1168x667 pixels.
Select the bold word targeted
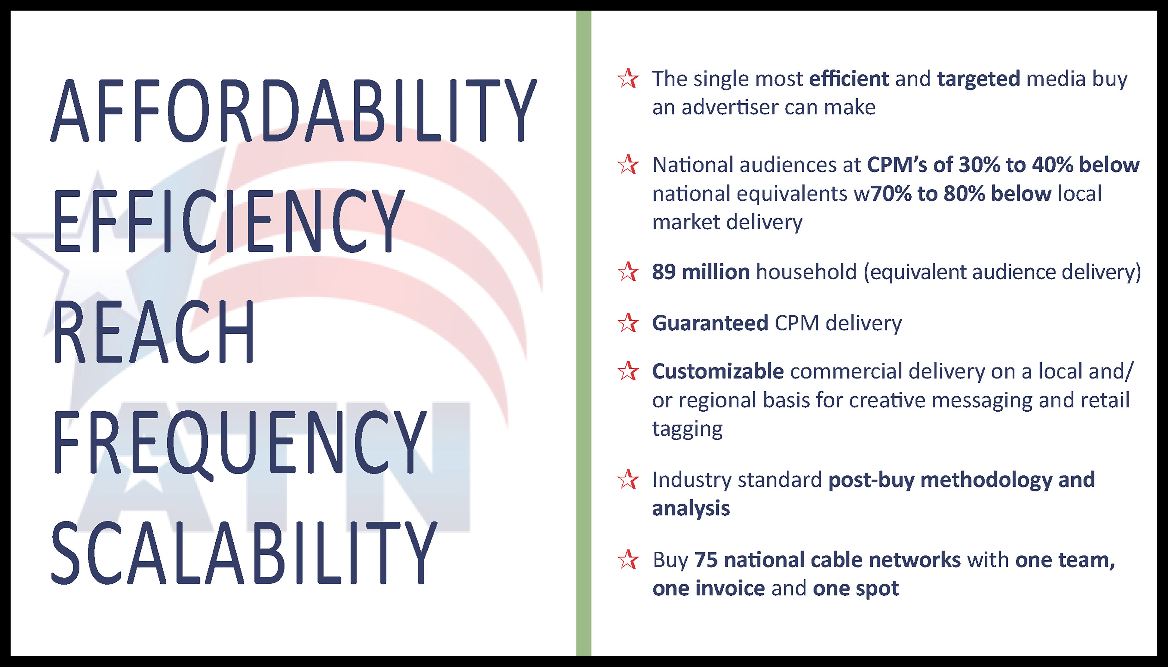coord(979,79)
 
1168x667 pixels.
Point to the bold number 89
coord(664,272)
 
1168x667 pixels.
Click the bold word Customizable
coord(718,371)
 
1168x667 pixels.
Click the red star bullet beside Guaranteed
coord(628,323)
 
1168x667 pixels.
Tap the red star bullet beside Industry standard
coord(628,480)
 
